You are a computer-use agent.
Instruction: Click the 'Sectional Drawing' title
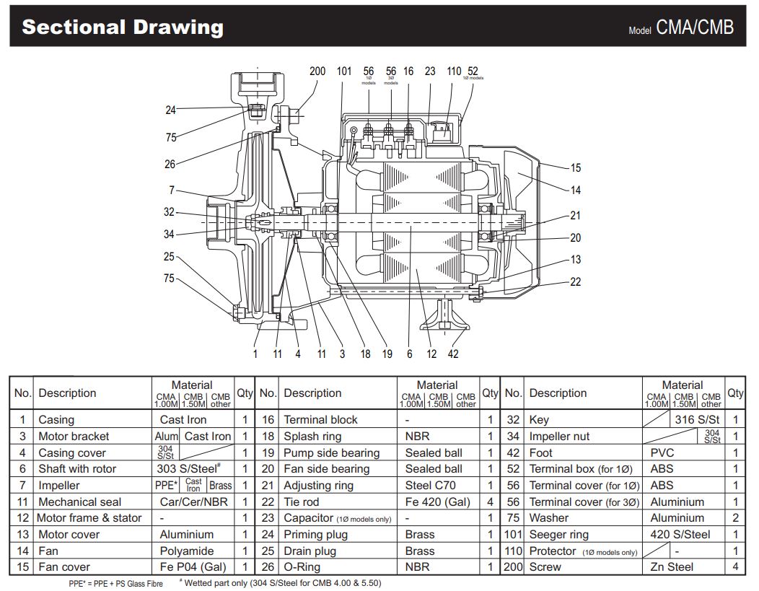coord(123,27)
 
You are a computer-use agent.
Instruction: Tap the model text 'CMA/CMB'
coord(694,27)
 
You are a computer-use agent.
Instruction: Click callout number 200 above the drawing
coord(317,71)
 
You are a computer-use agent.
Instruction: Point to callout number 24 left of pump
coord(170,110)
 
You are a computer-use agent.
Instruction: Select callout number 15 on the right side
coord(575,168)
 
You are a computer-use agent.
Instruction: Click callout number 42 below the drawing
coord(452,354)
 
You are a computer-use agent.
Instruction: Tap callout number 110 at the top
coord(453,71)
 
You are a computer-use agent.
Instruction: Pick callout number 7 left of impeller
coord(172,191)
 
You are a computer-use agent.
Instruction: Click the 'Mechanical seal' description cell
coord(79,502)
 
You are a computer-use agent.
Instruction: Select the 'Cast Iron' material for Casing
coord(183,419)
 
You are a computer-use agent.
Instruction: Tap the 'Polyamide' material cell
coord(187,551)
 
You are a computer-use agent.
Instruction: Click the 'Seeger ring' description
coord(558,535)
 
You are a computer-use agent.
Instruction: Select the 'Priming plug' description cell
coord(315,535)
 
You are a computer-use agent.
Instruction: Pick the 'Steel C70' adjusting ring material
coord(430,486)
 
